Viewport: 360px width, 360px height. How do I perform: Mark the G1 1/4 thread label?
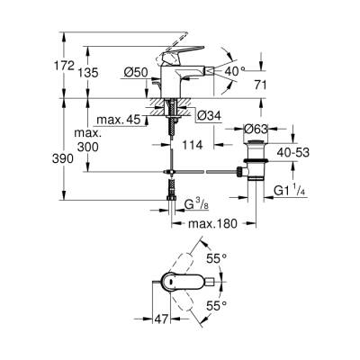click(291, 192)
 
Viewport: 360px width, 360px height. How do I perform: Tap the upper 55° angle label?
click(238, 257)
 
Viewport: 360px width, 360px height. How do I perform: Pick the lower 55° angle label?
click(238, 306)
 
